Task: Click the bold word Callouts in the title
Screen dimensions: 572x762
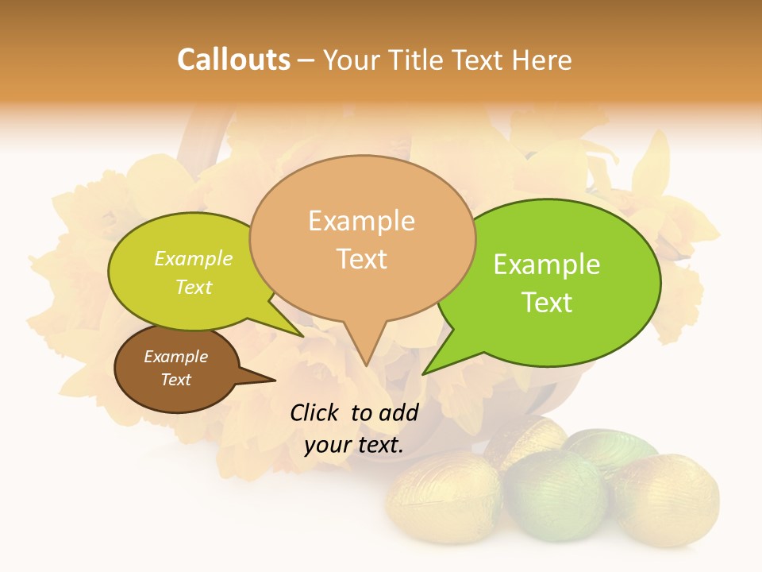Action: click(x=233, y=60)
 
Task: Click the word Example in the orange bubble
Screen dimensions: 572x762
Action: click(x=361, y=221)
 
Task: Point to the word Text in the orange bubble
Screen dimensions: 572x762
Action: click(x=361, y=258)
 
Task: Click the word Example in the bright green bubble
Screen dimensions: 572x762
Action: click(x=547, y=265)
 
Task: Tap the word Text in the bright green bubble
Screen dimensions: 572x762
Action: click(x=547, y=303)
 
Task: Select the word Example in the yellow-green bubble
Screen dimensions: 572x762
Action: click(x=194, y=259)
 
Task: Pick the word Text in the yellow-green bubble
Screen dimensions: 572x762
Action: click(x=194, y=288)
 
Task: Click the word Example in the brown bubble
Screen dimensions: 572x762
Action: click(x=175, y=357)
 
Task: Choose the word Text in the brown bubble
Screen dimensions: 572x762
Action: click(x=175, y=380)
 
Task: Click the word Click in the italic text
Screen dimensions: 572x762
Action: click(x=315, y=412)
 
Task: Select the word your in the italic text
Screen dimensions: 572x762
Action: click(x=327, y=445)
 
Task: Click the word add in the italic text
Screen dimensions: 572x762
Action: click(x=398, y=412)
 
